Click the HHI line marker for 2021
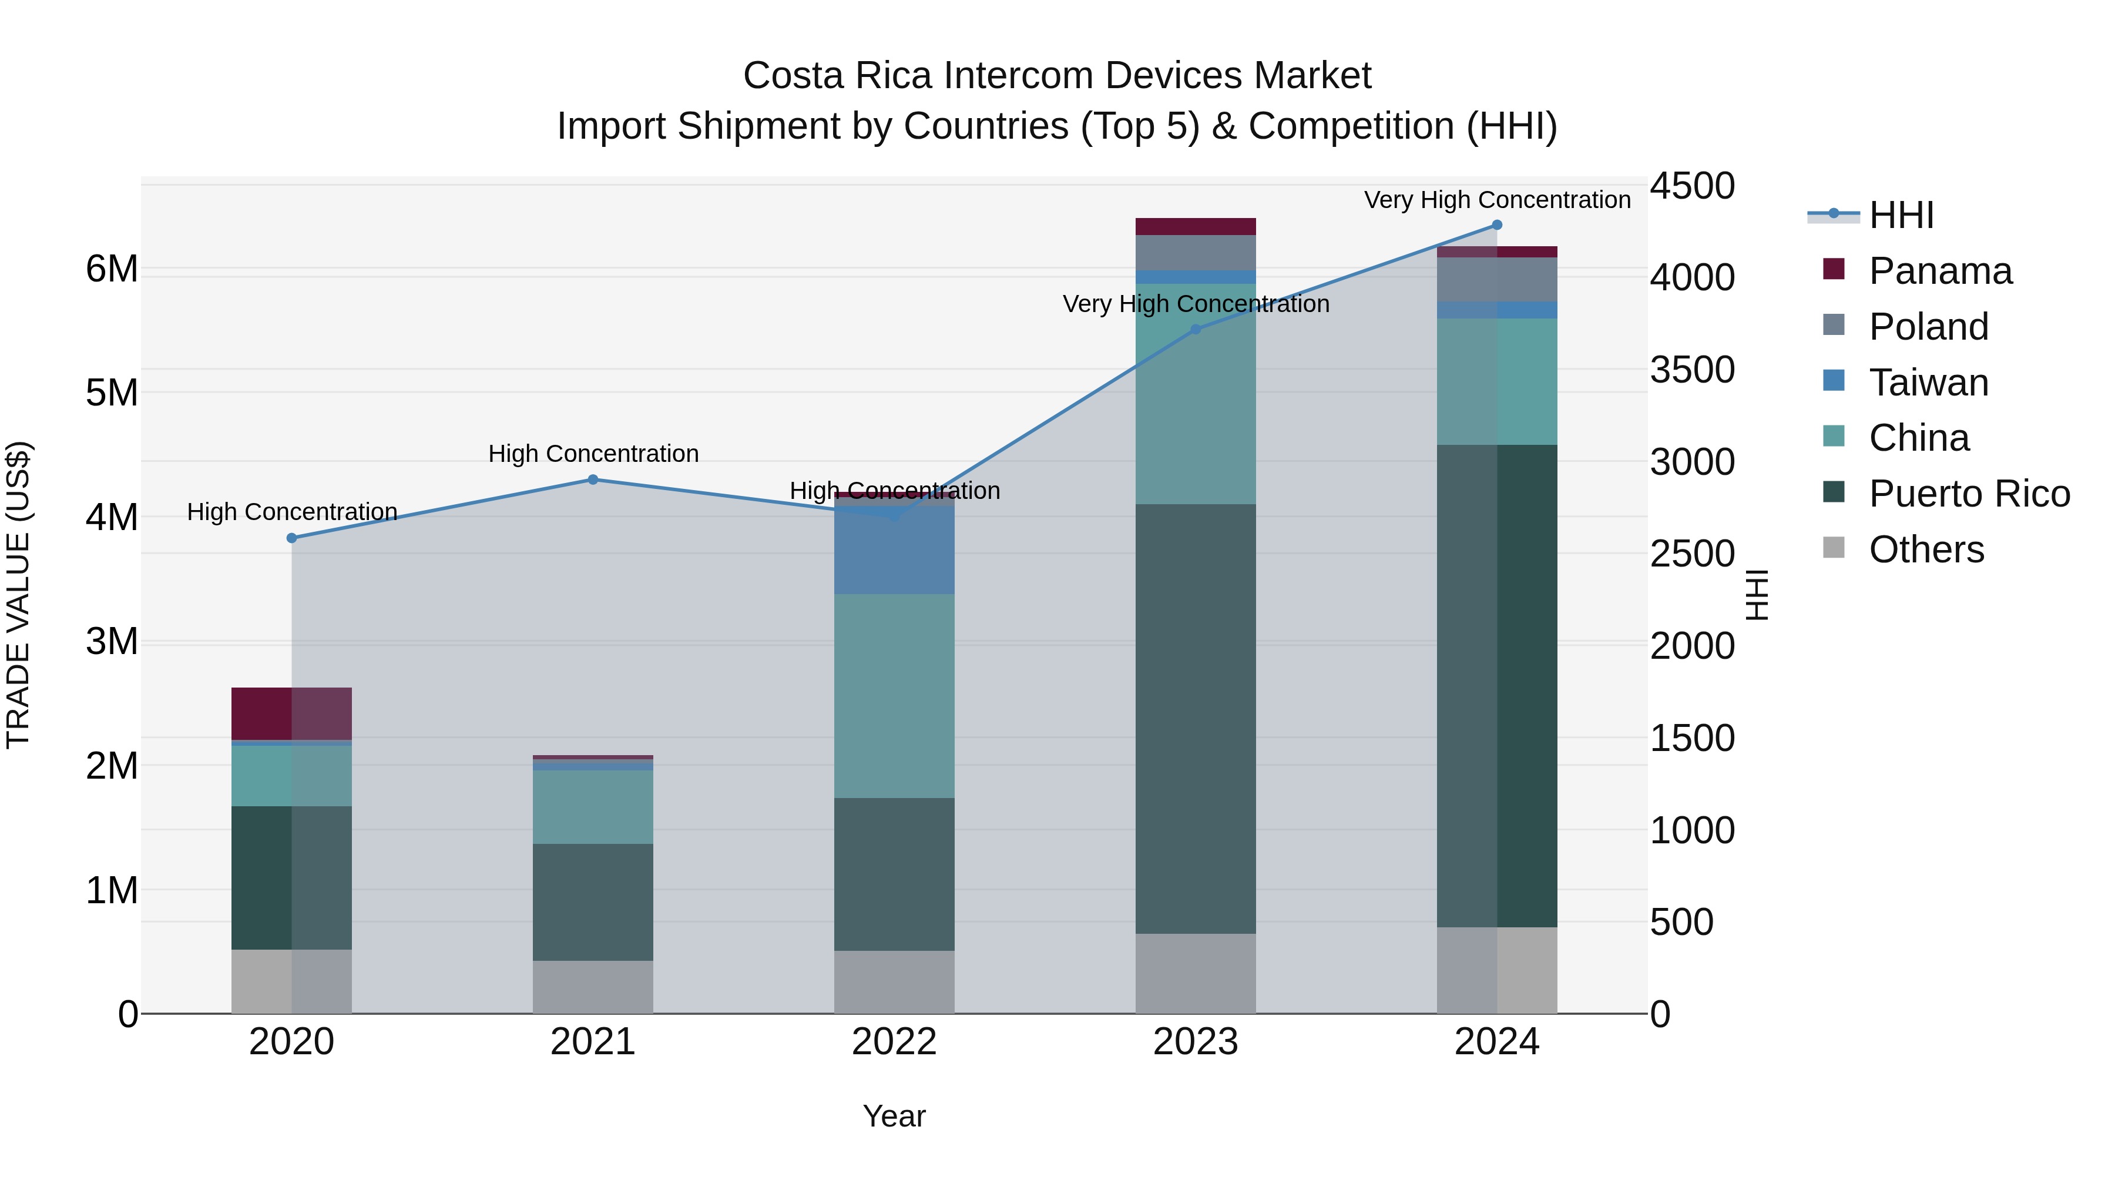593,480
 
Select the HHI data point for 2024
1497,225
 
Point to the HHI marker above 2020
291,538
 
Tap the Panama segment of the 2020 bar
291,713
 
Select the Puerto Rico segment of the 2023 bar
1196,719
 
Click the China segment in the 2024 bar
1497,382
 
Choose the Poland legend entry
1928,327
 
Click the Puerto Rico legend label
1969,494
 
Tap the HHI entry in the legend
1901,215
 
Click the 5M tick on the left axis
112,393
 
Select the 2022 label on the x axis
894,1042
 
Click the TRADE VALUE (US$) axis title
18,595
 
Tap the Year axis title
894,1116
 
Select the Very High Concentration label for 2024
1497,200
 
